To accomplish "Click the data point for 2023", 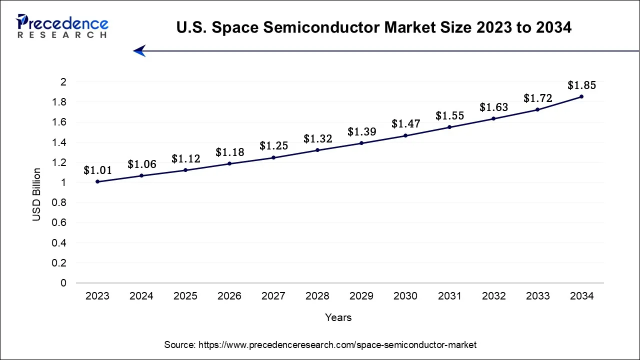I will click(x=97, y=181).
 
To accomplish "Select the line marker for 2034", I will click(x=581, y=96).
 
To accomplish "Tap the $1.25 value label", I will click(x=273, y=146).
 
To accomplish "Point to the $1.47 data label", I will click(x=405, y=123).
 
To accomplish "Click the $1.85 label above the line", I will click(x=581, y=85).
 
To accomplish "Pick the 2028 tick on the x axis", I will click(x=317, y=296).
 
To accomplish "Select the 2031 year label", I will click(x=449, y=296).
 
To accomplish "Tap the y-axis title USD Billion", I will click(x=36, y=195).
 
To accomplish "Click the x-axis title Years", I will click(x=338, y=317).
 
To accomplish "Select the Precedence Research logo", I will click(x=62, y=26).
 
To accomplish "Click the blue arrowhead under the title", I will click(x=139, y=50).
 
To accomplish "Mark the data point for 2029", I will click(x=361, y=143).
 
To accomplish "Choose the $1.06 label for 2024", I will click(x=141, y=164).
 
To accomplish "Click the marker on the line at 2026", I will click(x=229, y=163).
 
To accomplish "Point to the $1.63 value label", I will click(x=493, y=107).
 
